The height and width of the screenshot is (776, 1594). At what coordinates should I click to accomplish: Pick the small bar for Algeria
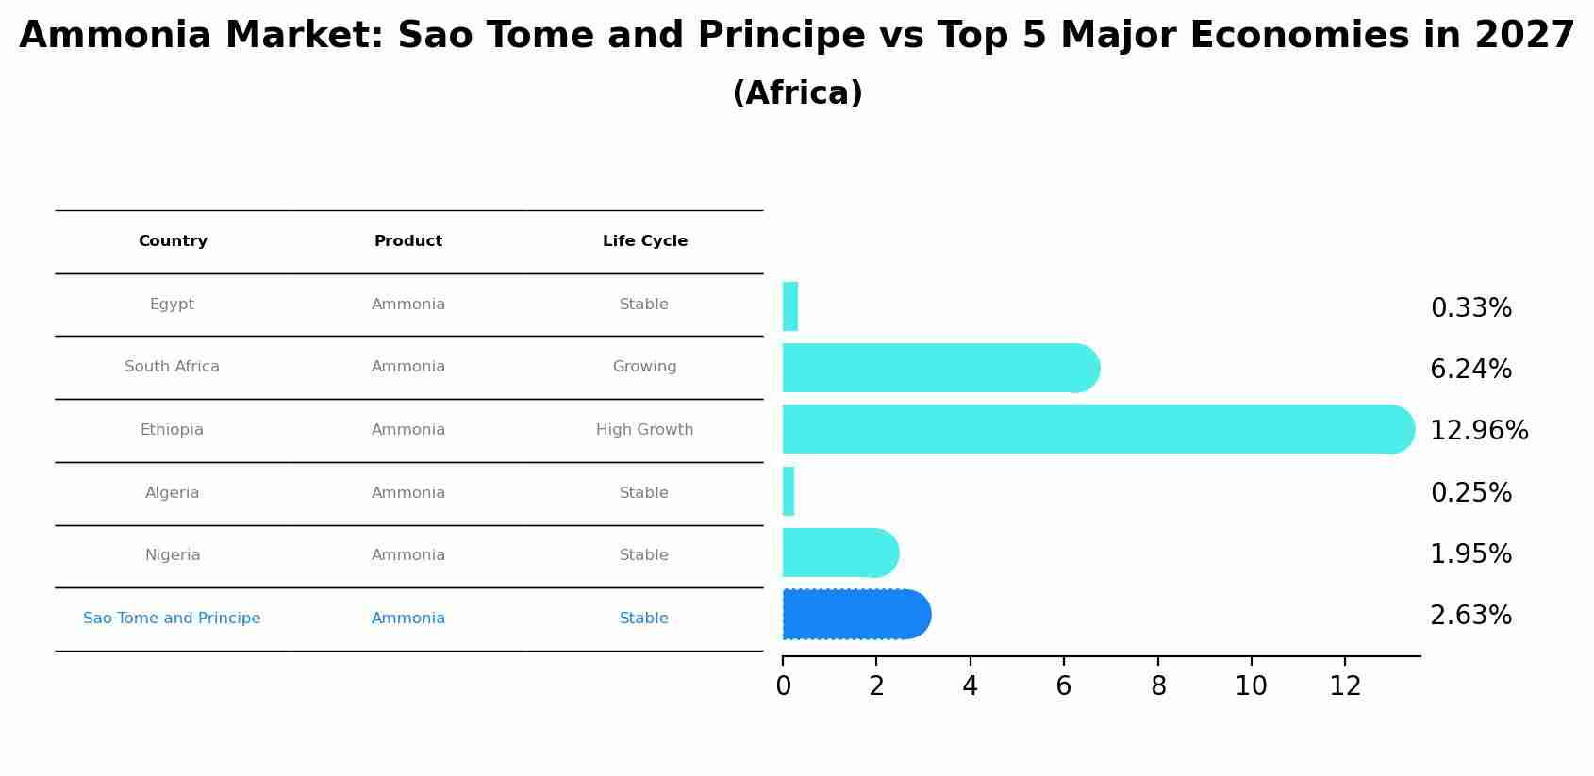(x=789, y=491)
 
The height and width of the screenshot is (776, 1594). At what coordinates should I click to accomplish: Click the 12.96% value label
(x=1478, y=431)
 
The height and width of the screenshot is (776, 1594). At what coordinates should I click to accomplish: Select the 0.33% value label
(x=1470, y=308)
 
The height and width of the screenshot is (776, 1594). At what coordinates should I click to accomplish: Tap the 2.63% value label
(x=1470, y=616)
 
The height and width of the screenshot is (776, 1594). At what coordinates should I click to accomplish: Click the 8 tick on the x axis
(x=1158, y=686)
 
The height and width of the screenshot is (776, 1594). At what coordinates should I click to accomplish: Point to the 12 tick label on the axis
(x=1345, y=686)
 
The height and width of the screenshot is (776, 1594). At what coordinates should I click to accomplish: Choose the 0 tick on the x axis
(x=783, y=686)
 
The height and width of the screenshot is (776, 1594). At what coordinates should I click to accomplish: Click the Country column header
(x=173, y=241)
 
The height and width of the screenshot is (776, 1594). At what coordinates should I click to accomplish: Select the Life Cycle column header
(x=645, y=241)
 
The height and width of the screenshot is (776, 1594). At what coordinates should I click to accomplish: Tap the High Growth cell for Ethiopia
(x=644, y=430)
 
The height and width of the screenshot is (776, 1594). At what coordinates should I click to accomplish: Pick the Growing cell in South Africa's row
(x=644, y=367)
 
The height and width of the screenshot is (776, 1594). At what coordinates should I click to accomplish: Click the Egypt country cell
(x=172, y=305)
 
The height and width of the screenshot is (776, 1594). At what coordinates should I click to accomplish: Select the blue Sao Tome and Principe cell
(x=172, y=619)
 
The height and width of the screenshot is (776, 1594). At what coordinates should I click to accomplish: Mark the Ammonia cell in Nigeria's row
(x=408, y=555)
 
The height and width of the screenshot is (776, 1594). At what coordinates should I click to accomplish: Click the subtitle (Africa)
(x=797, y=93)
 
